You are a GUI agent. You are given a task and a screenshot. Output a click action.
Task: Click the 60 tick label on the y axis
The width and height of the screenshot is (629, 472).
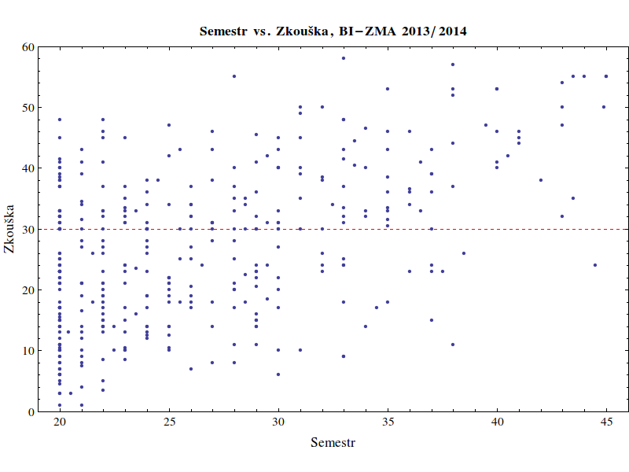coord(28,46)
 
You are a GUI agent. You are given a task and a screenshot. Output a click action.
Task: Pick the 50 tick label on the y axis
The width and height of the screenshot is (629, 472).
coord(28,107)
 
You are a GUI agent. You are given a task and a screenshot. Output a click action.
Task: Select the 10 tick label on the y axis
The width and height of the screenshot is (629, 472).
coord(28,351)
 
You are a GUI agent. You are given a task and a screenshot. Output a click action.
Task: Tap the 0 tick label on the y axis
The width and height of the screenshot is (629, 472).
coord(31,411)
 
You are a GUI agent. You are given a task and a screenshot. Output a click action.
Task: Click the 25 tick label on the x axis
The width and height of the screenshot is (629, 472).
coord(168,422)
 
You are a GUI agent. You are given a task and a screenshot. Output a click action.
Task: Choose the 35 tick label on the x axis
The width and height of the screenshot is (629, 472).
coord(388,422)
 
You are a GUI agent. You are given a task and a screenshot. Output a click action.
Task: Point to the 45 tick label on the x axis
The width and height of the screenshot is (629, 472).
coord(606,422)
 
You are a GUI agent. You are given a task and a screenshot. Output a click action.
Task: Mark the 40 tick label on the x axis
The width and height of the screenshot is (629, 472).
coord(497,422)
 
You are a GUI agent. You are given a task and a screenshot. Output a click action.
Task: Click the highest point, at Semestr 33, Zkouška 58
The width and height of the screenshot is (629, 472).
coord(344,58)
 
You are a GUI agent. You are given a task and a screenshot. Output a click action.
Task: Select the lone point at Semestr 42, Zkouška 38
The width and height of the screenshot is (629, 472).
coord(541,180)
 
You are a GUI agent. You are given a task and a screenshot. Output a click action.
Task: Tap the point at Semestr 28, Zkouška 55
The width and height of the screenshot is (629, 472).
coord(234,76)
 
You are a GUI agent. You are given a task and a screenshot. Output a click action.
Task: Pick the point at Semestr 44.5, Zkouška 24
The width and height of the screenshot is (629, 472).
coord(595,265)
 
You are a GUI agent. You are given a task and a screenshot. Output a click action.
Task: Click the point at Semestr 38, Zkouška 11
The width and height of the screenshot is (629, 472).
coord(453,345)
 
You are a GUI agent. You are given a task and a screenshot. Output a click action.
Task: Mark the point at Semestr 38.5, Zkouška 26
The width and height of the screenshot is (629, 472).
coord(464,253)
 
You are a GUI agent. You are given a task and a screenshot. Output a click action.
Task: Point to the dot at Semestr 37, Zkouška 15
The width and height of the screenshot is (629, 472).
coord(431,320)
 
